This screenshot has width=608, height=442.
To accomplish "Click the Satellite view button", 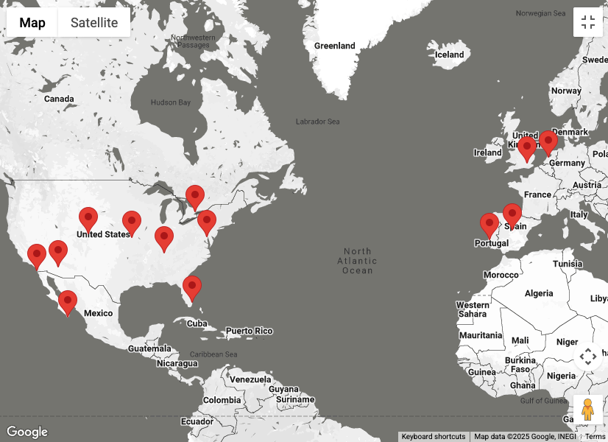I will point(93,22).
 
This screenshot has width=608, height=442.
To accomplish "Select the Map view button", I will point(32,22).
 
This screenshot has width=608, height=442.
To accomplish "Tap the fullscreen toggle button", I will point(587,22).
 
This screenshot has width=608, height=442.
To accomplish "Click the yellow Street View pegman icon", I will point(587,409).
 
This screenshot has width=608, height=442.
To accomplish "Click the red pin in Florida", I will point(192,287).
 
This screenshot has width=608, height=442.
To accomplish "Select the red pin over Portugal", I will point(489,225).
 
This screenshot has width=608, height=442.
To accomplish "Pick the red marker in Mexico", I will point(68,302).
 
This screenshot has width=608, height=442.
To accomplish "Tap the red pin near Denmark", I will point(548,142).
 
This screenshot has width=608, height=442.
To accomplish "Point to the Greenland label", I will point(335,46).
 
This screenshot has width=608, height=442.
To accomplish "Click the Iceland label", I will point(449,55).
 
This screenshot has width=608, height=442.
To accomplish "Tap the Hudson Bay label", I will point(170,102).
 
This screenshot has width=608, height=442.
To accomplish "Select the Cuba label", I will point(197,323).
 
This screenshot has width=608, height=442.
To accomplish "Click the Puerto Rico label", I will point(249,331).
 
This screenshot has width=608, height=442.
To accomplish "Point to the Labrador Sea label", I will point(317,122).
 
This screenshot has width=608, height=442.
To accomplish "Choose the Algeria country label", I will point(539,293).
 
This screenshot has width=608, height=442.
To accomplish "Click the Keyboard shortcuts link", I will point(434,437).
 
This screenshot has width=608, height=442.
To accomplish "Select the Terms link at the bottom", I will point(595,437).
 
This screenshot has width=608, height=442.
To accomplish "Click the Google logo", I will point(26,432).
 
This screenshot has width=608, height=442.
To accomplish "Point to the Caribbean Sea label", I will point(213,354).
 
